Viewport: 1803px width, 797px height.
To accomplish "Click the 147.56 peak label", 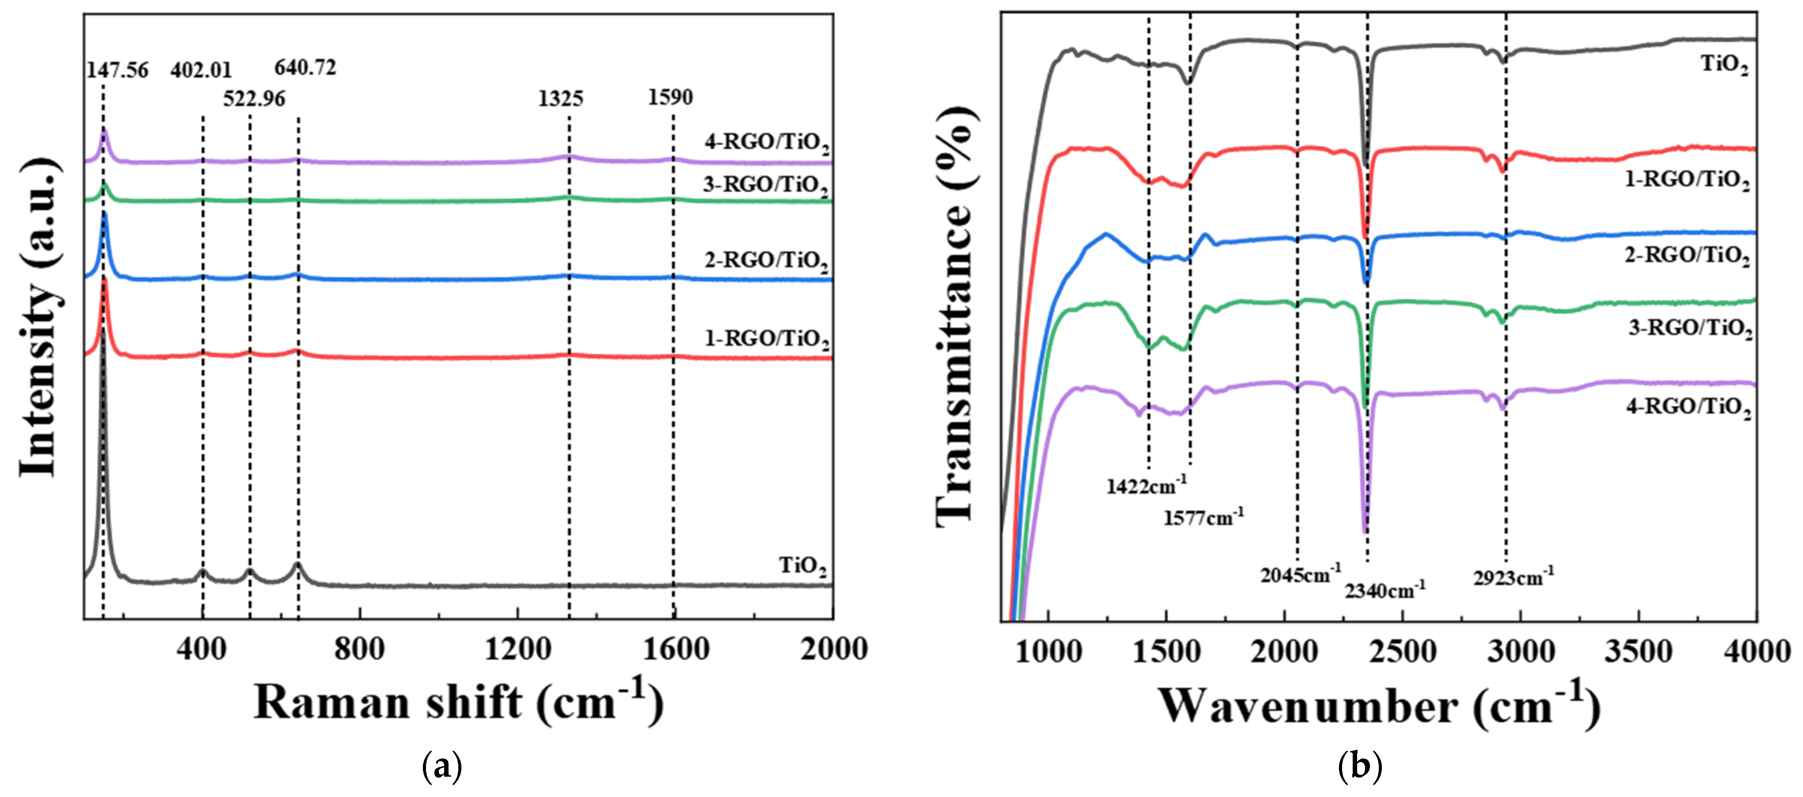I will tap(117, 70).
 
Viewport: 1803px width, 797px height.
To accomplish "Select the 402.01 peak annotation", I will tap(201, 70).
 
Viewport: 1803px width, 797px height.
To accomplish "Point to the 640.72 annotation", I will tap(305, 68).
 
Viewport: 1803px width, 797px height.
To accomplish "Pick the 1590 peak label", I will tap(670, 97).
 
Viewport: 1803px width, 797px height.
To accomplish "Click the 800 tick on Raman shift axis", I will tap(359, 649).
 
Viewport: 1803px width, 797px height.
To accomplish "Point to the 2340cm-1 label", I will tap(1385, 591).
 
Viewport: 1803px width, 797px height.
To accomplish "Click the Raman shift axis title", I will tap(458, 702).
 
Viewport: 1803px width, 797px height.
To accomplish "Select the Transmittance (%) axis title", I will tap(955, 315).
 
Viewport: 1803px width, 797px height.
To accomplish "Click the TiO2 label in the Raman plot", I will tap(803, 566).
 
